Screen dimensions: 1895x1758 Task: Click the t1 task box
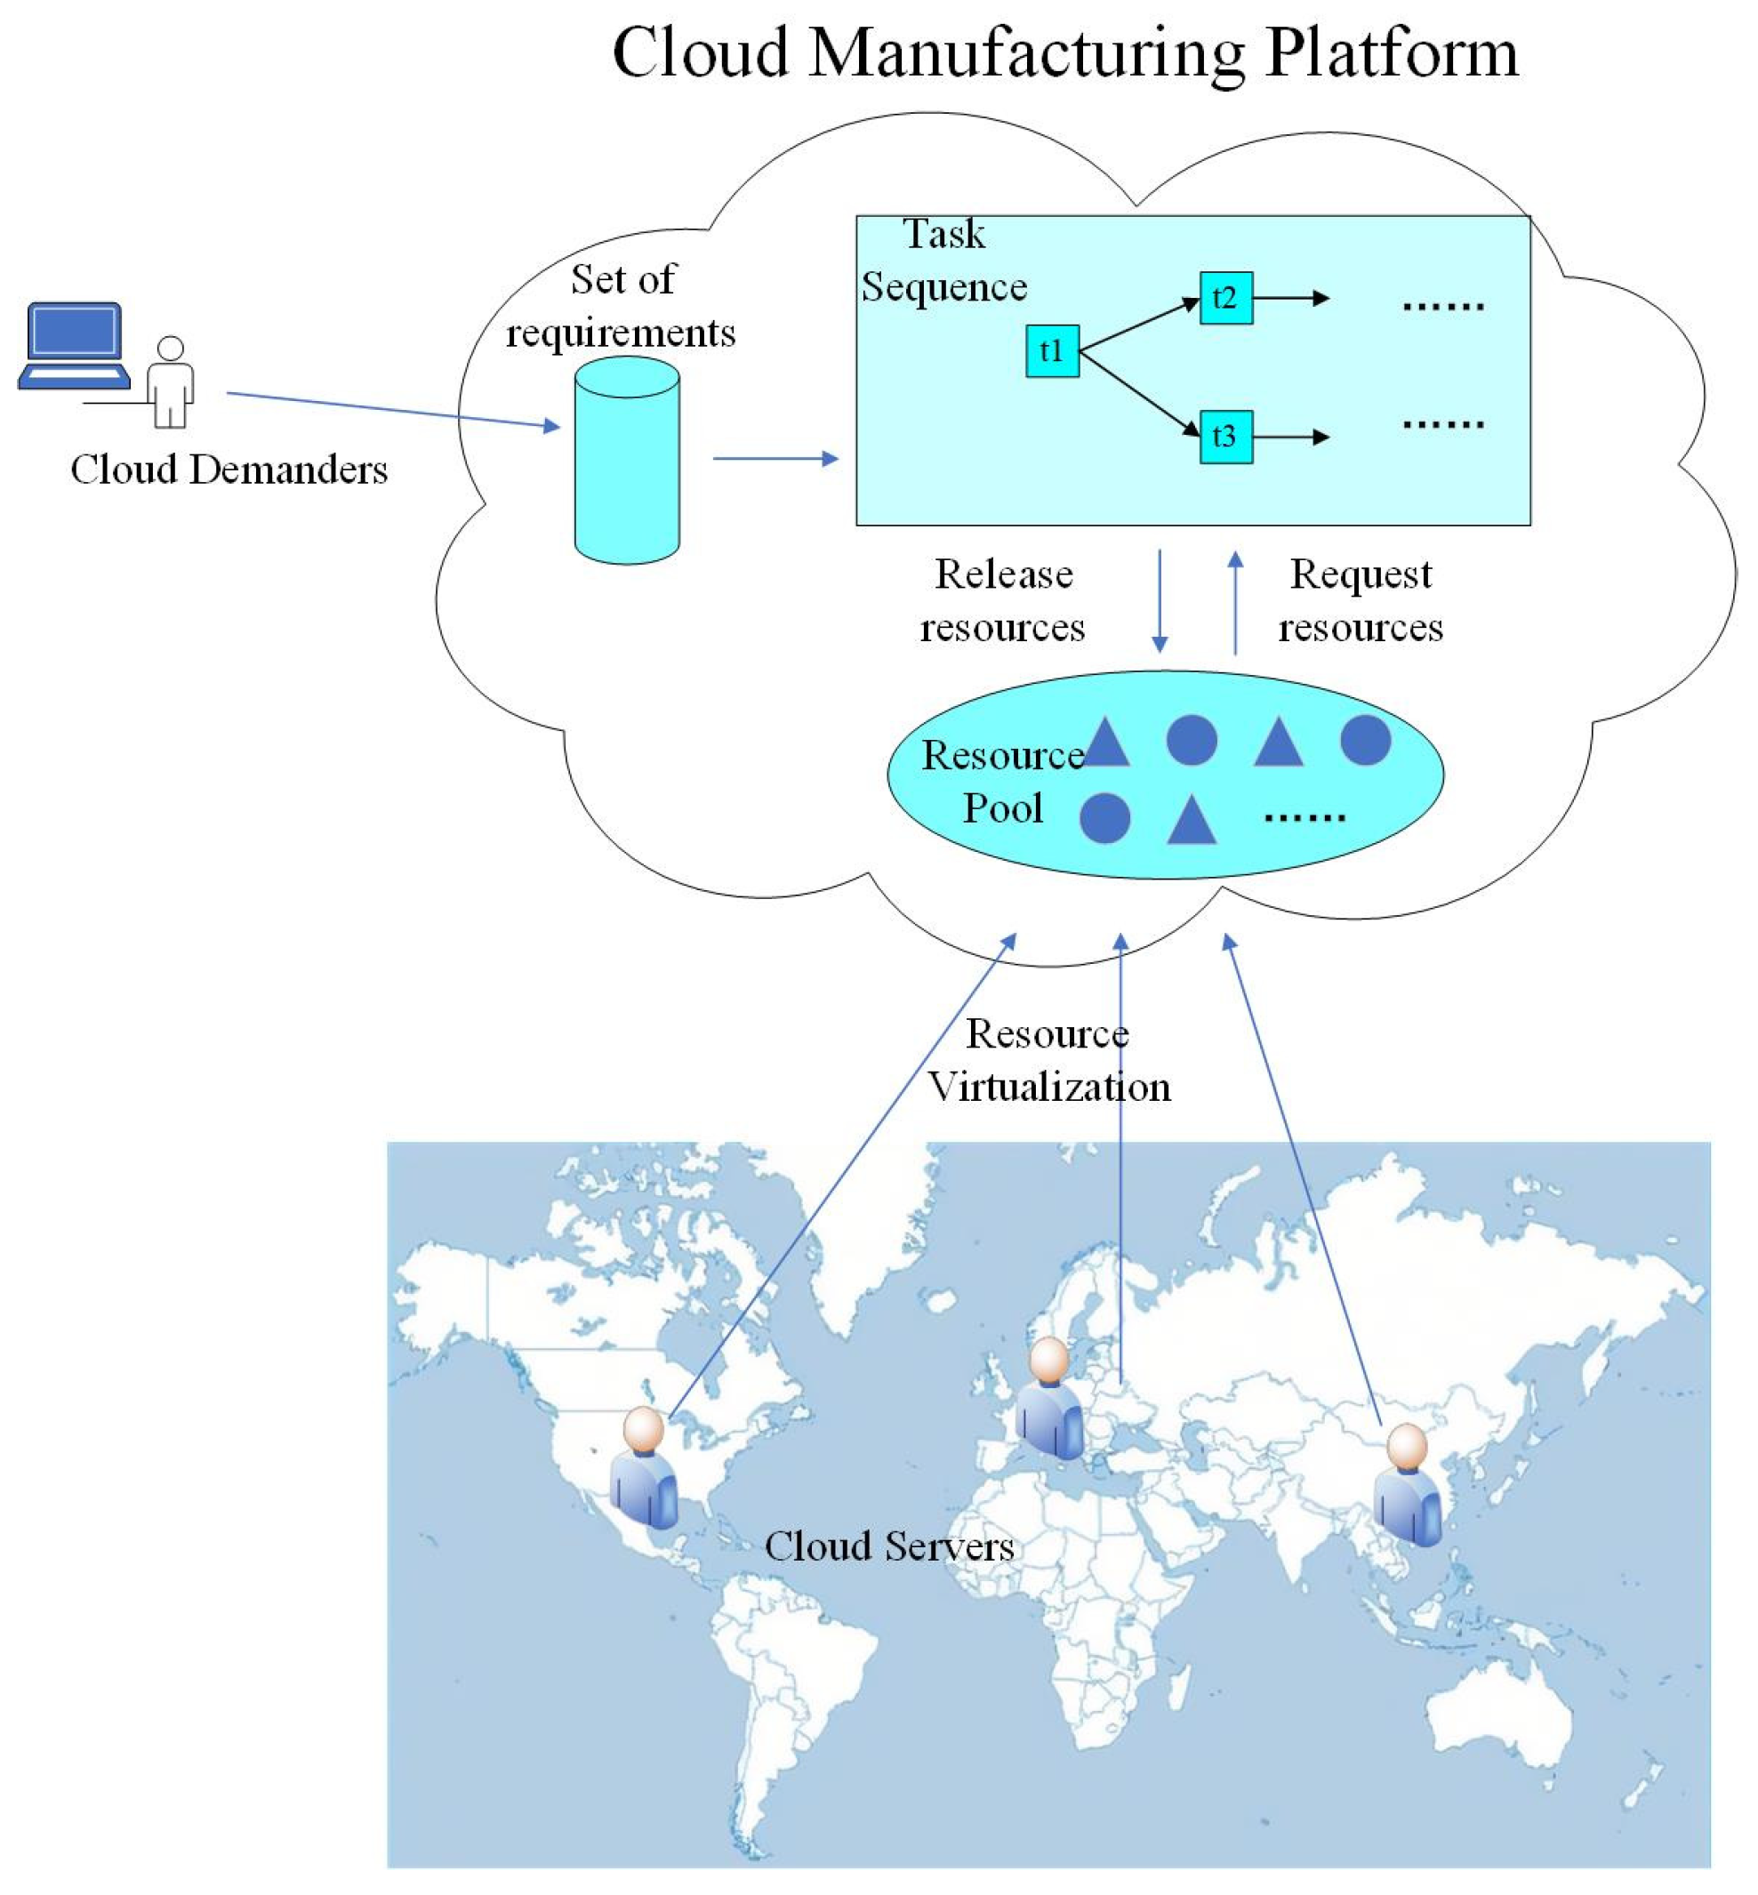(x=1052, y=351)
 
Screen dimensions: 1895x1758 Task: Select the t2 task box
(x=1225, y=298)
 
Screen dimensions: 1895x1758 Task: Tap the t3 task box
(x=1225, y=437)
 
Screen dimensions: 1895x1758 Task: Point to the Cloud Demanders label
(x=229, y=470)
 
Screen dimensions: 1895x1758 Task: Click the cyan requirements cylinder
(x=627, y=462)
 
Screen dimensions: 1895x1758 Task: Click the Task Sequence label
(x=943, y=261)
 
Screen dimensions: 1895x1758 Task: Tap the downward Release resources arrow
(x=1160, y=601)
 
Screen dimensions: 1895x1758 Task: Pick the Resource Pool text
(x=1003, y=782)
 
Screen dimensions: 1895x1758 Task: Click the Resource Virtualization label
(x=1048, y=1060)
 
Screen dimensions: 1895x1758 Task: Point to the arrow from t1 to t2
(x=1139, y=325)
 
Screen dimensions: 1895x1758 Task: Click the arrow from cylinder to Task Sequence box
(x=775, y=459)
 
